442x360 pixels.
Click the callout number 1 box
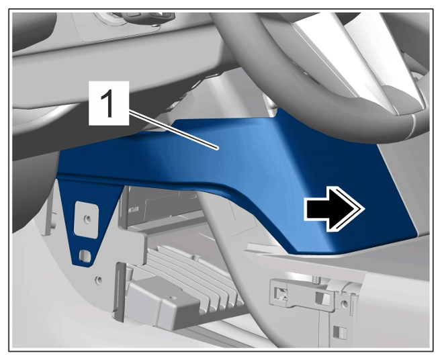click(x=109, y=103)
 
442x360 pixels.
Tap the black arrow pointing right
click(x=335, y=210)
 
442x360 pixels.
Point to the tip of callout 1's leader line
click(x=218, y=148)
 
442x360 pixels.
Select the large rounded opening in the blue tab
click(x=86, y=219)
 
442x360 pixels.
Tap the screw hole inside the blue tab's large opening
click(x=88, y=218)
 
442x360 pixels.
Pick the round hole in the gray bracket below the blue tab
click(x=99, y=280)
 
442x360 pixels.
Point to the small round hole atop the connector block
click(x=174, y=298)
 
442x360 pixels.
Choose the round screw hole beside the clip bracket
click(x=344, y=304)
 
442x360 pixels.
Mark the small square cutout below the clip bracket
click(x=337, y=332)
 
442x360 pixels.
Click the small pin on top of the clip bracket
click(x=317, y=279)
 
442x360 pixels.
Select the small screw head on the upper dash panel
click(x=154, y=26)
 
